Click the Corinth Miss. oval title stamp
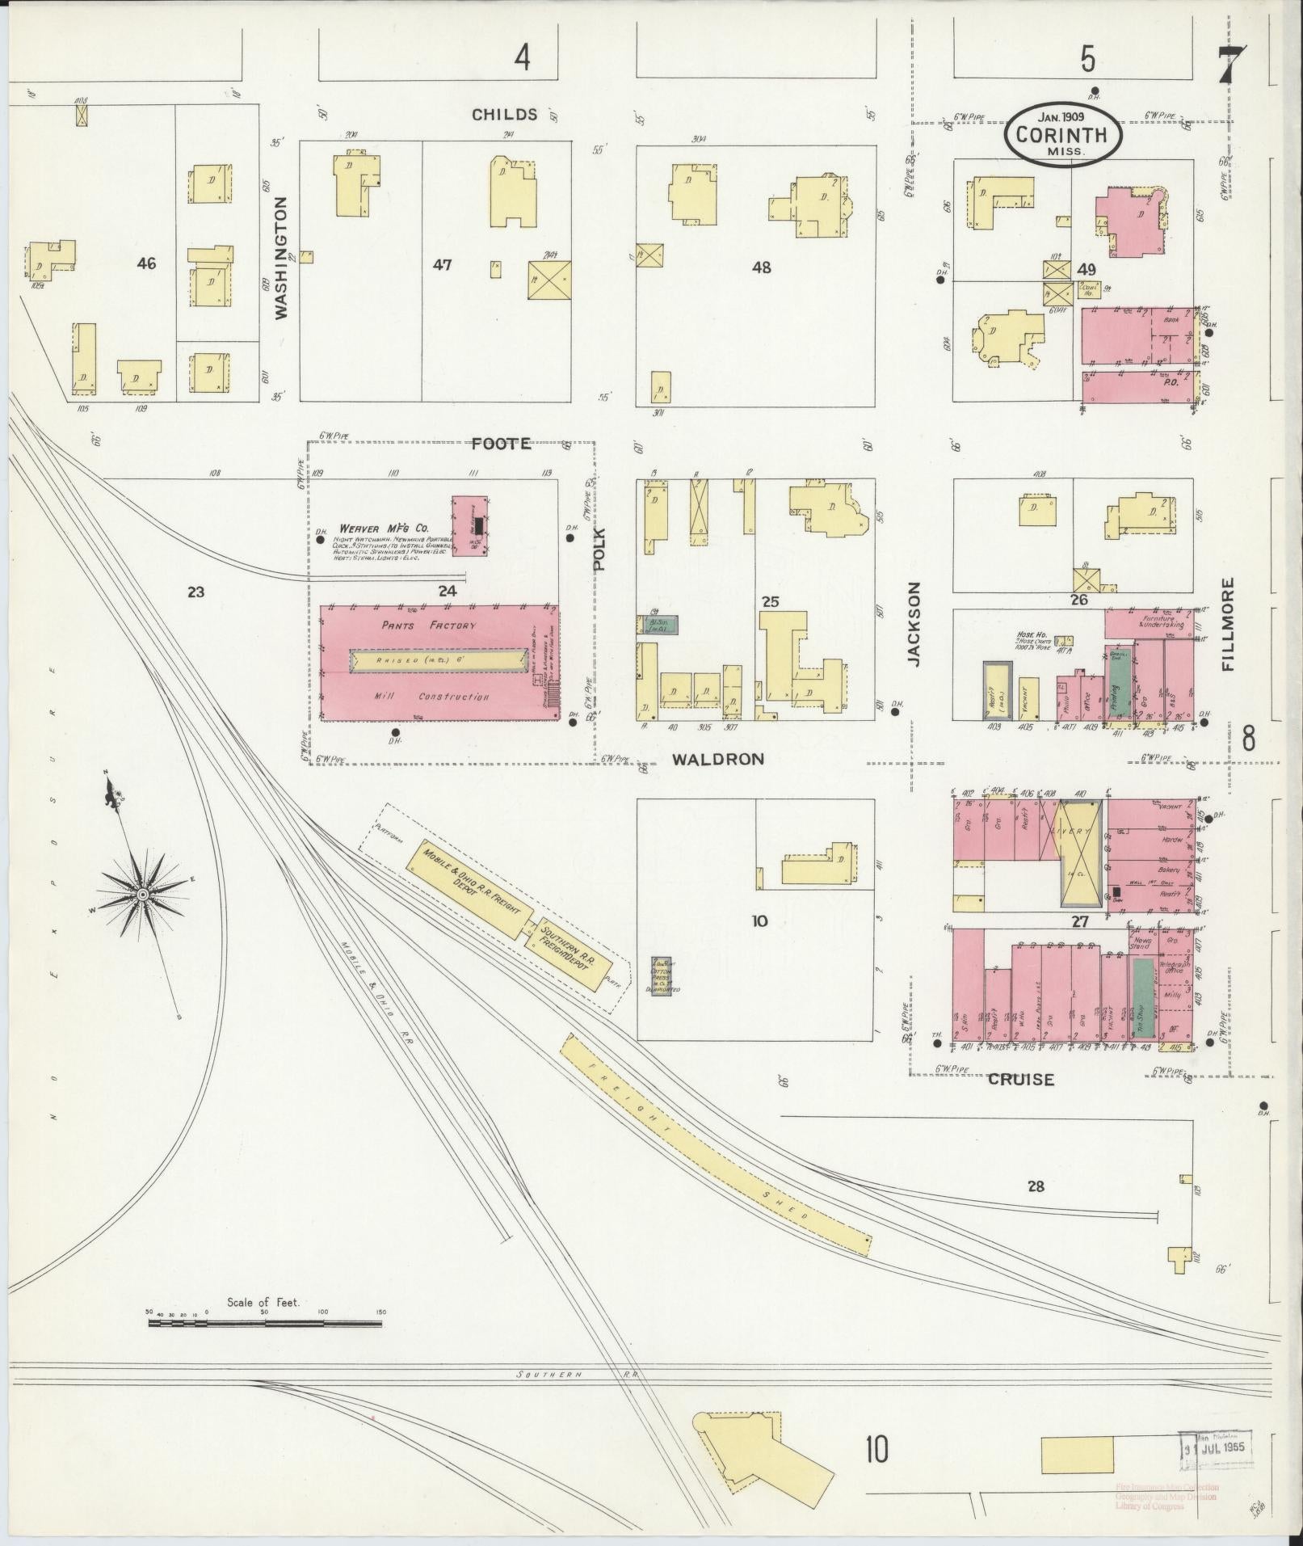click(x=1063, y=134)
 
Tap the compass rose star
click(x=143, y=894)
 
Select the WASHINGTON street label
click(x=281, y=259)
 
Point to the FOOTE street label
click(x=501, y=443)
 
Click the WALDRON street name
click(x=717, y=759)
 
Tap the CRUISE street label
click(x=1021, y=1079)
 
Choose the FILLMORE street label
click(x=1229, y=624)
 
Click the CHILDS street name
click(x=504, y=114)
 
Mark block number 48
click(x=761, y=267)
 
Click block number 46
click(x=146, y=263)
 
